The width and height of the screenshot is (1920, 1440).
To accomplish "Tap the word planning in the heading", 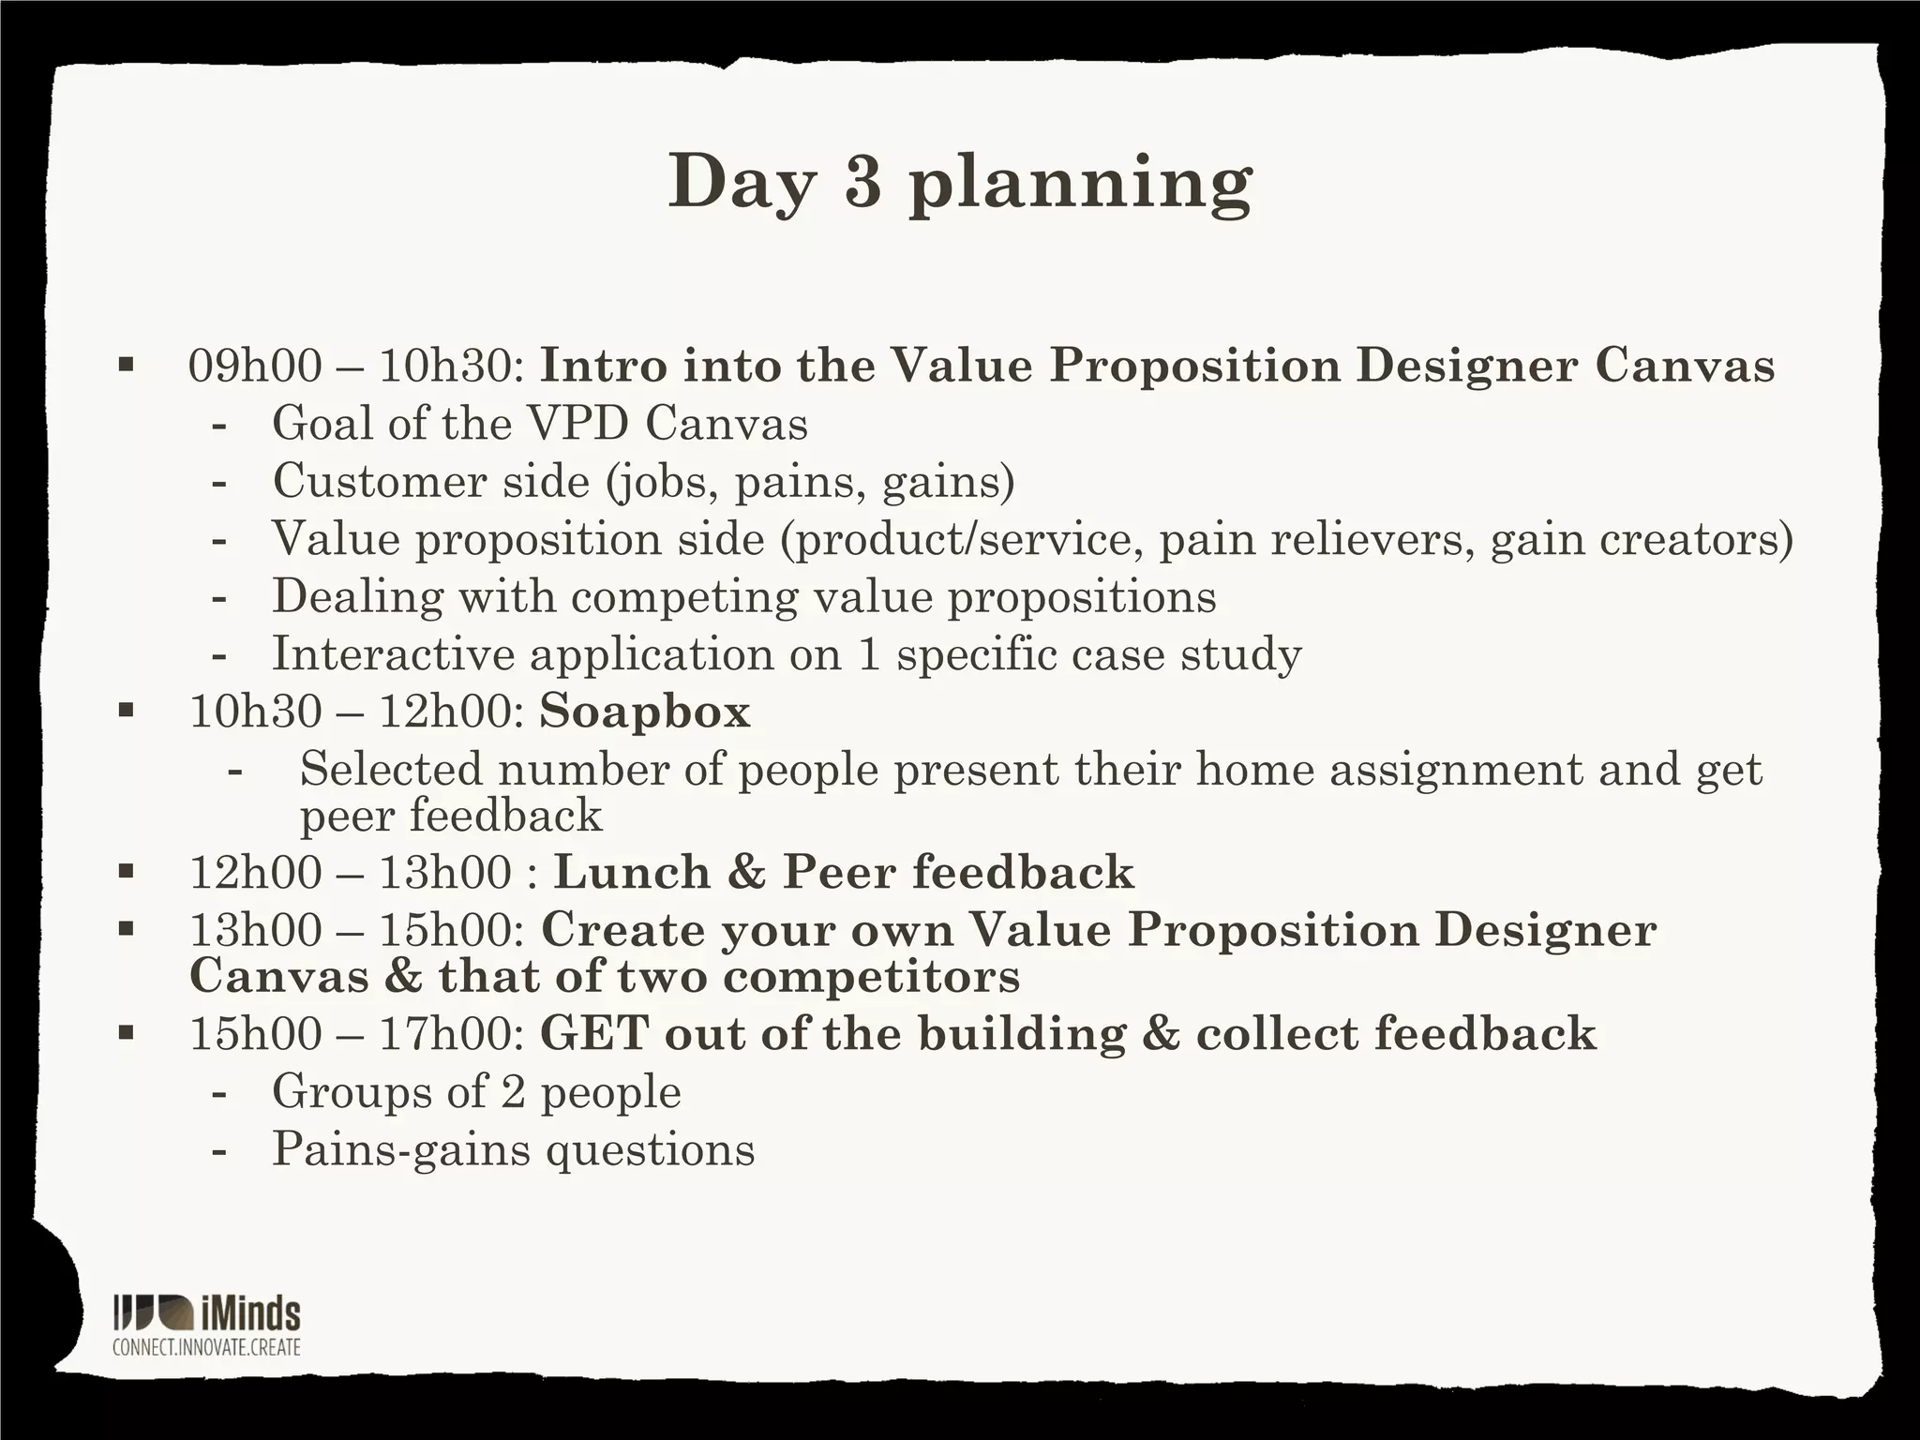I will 1080,185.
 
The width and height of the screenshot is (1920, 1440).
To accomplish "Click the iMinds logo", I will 206,1313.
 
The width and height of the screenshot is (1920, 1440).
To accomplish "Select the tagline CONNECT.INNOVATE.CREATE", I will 206,1347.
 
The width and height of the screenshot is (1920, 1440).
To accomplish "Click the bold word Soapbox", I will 645,712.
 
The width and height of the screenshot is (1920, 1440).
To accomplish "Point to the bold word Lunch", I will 632,872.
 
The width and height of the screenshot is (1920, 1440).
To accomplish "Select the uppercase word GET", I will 594,1034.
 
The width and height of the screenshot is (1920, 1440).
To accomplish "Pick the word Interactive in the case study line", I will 394,654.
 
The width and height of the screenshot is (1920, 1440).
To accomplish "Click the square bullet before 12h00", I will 127,872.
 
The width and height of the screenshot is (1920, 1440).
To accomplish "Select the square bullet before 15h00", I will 127,1033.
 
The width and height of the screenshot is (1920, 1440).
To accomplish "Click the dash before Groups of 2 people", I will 219,1093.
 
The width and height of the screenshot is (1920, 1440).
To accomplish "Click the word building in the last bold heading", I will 1021,1034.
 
